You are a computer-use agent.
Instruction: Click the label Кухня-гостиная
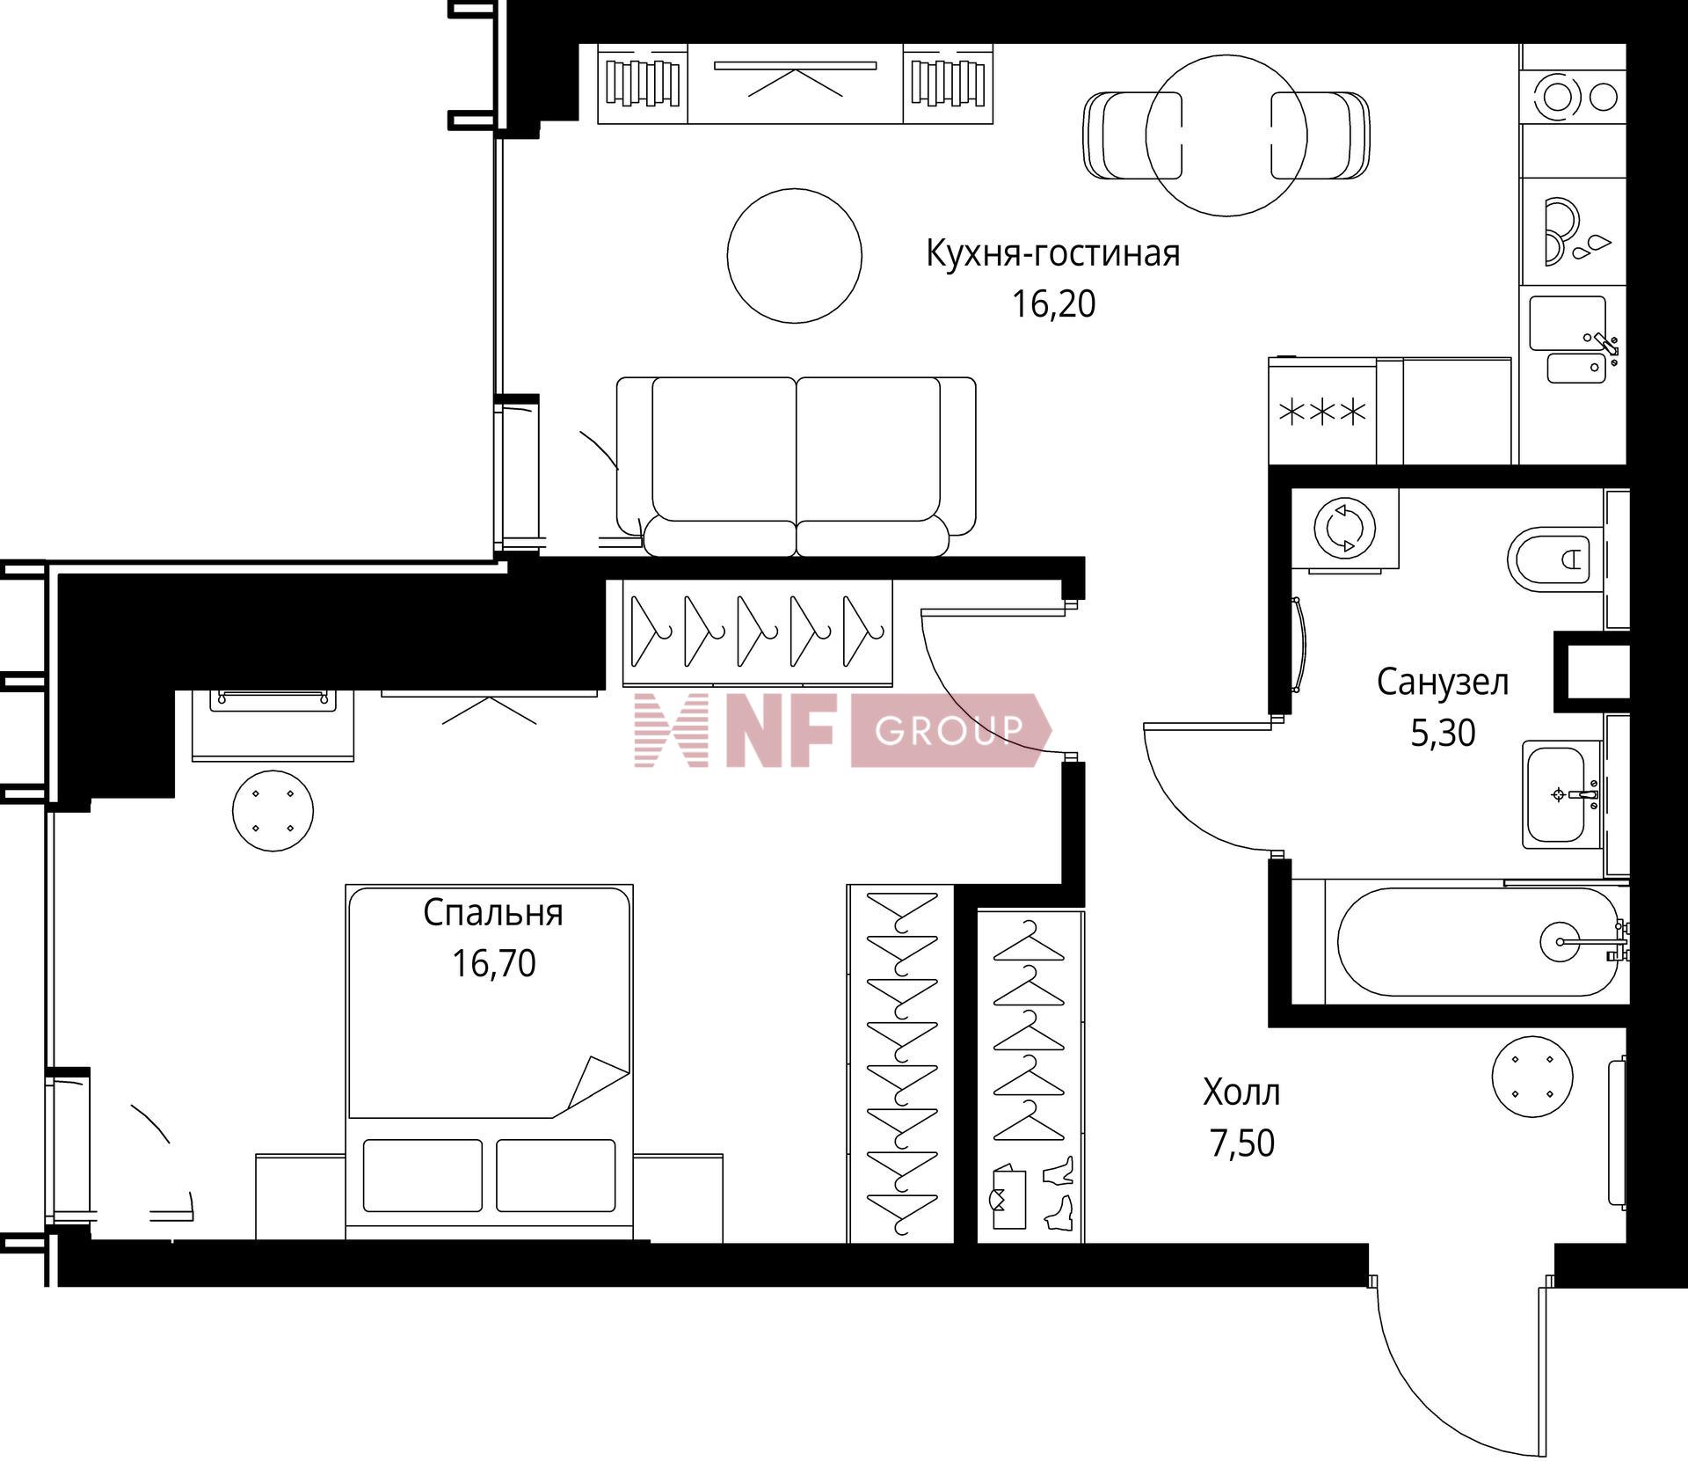(1053, 254)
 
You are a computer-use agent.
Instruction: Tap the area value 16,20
(1053, 304)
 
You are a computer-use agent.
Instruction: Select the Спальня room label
(492, 914)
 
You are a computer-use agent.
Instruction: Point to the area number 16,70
(493, 963)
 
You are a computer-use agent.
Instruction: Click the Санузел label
(1443, 683)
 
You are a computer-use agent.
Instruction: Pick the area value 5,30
(1443, 733)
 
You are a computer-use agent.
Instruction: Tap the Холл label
(1241, 1093)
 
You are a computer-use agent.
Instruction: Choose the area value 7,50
(1241, 1143)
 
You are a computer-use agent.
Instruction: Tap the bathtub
(1478, 941)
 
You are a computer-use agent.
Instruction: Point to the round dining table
(1226, 136)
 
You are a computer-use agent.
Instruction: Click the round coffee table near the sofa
(795, 256)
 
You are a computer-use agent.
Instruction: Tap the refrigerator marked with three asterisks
(1322, 412)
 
